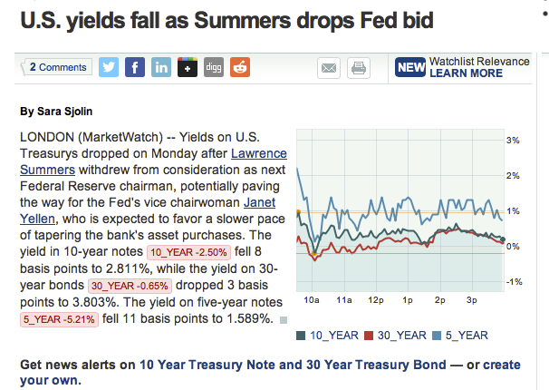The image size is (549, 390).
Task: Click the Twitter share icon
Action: tap(109, 67)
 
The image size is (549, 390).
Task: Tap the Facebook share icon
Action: tap(135, 67)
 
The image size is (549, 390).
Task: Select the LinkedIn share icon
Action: tap(161, 67)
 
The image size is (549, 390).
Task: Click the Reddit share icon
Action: tap(240, 67)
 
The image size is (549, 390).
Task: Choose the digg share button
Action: tap(214, 67)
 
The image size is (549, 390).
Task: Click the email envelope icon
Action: tap(328, 68)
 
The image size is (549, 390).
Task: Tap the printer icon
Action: tap(358, 68)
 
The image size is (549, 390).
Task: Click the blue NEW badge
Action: tap(410, 67)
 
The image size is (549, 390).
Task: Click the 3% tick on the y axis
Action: tap(513, 141)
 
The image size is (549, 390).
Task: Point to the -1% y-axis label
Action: tap(513, 282)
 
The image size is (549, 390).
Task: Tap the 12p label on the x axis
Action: tap(375, 298)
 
